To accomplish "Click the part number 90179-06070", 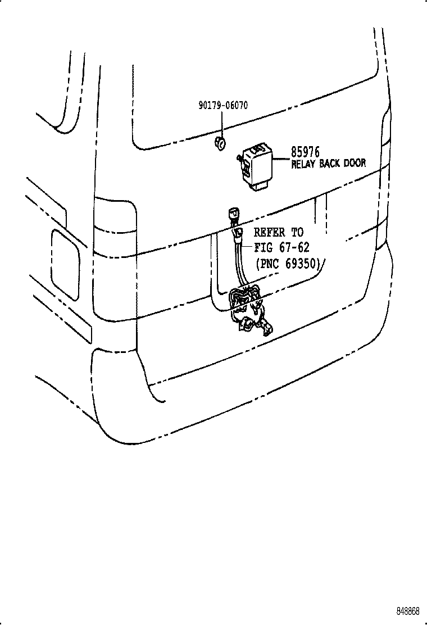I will tap(223, 106).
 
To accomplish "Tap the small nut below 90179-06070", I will tap(220, 143).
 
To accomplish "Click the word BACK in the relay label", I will tap(331, 164).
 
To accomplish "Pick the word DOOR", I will tap(355, 164).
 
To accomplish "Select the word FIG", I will tap(264, 247).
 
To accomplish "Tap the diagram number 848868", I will tap(406, 611).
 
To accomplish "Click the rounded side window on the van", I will tap(66, 262).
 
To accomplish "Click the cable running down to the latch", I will tap(241, 264).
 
